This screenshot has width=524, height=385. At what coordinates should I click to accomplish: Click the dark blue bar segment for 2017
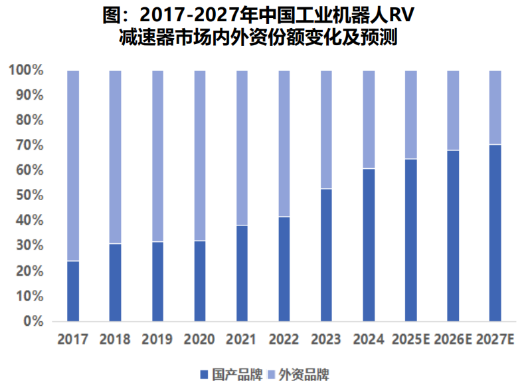pyautogui.click(x=73, y=291)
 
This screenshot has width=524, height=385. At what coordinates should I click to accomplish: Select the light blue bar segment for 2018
pyautogui.click(x=116, y=157)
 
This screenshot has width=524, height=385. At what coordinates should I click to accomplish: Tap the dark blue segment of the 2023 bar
pyautogui.click(x=327, y=255)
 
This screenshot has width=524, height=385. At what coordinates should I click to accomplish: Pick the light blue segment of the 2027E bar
pyautogui.click(x=495, y=107)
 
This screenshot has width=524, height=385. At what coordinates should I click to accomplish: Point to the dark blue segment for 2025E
pyautogui.click(x=411, y=239)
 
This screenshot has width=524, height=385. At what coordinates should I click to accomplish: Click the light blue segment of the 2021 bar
pyautogui.click(x=242, y=148)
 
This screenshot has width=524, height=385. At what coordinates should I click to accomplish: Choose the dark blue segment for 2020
pyautogui.click(x=200, y=281)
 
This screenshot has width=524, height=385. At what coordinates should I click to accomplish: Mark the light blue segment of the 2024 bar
pyautogui.click(x=369, y=119)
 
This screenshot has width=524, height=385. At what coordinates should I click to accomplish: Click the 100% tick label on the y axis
pyautogui.click(x=27, y=70)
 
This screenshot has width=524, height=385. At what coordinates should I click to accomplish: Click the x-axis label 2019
pyautogui.click(x=157, y=340)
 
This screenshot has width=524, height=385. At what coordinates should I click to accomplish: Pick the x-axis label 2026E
pyautogui.click(x=453, y=340)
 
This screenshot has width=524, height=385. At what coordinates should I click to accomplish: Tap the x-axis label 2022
pyautogui.click(x=284, y=340)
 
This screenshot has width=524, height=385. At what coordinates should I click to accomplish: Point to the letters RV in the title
pyautogui.click(x=406, y=15)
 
